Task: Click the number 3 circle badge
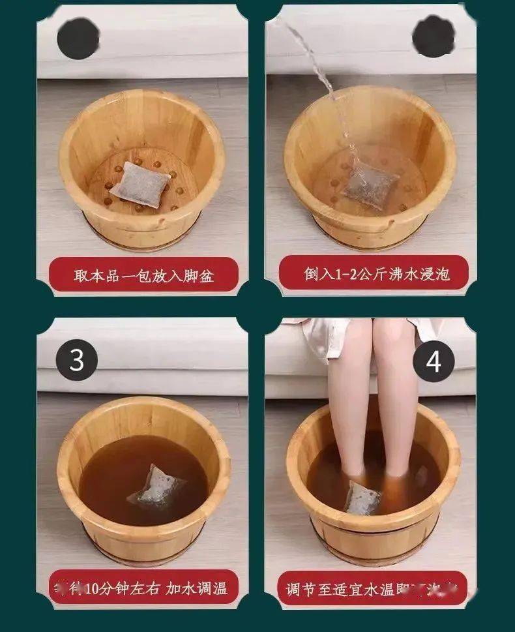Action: (77, 359)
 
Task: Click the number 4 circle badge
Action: (434, 361)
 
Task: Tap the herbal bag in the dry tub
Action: (140, 184)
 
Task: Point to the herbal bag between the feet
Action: (363, 497)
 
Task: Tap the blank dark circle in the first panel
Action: (78, 38)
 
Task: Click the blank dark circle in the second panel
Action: (434, 36)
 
